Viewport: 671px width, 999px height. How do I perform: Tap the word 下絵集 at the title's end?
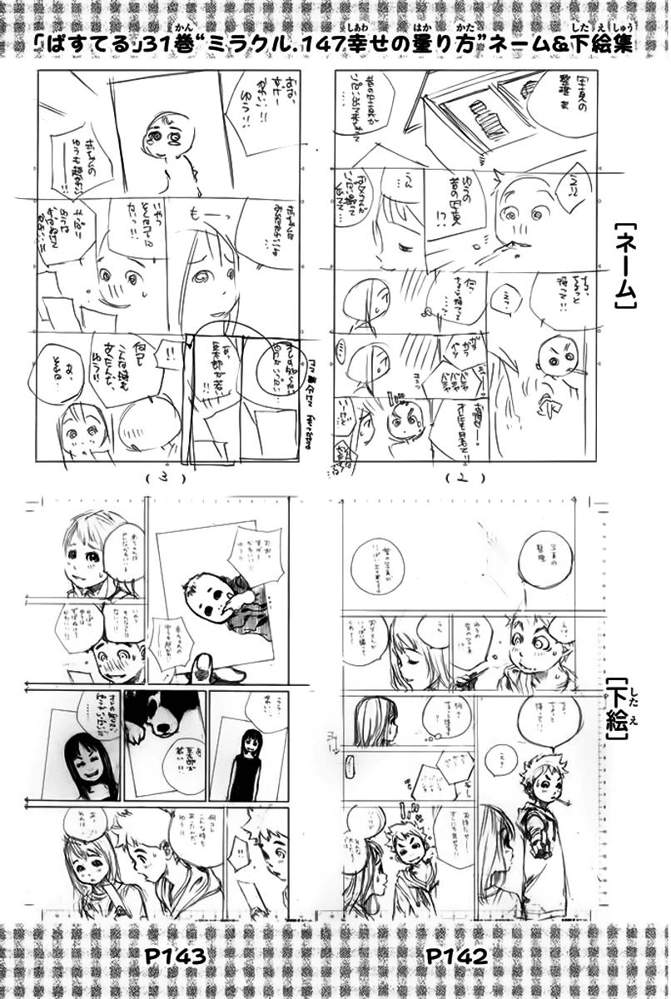click(609, 43)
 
